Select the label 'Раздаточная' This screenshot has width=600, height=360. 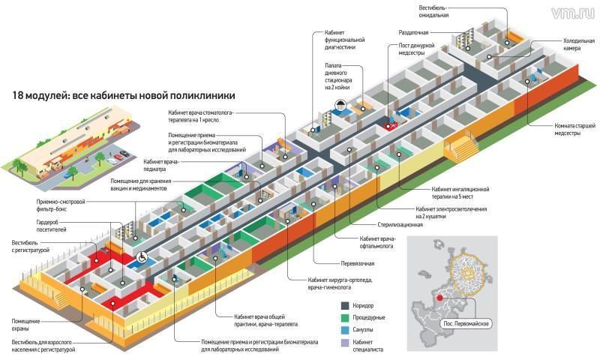[x=413, y=33]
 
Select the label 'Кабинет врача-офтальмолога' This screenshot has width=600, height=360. [x=357, y=242]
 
